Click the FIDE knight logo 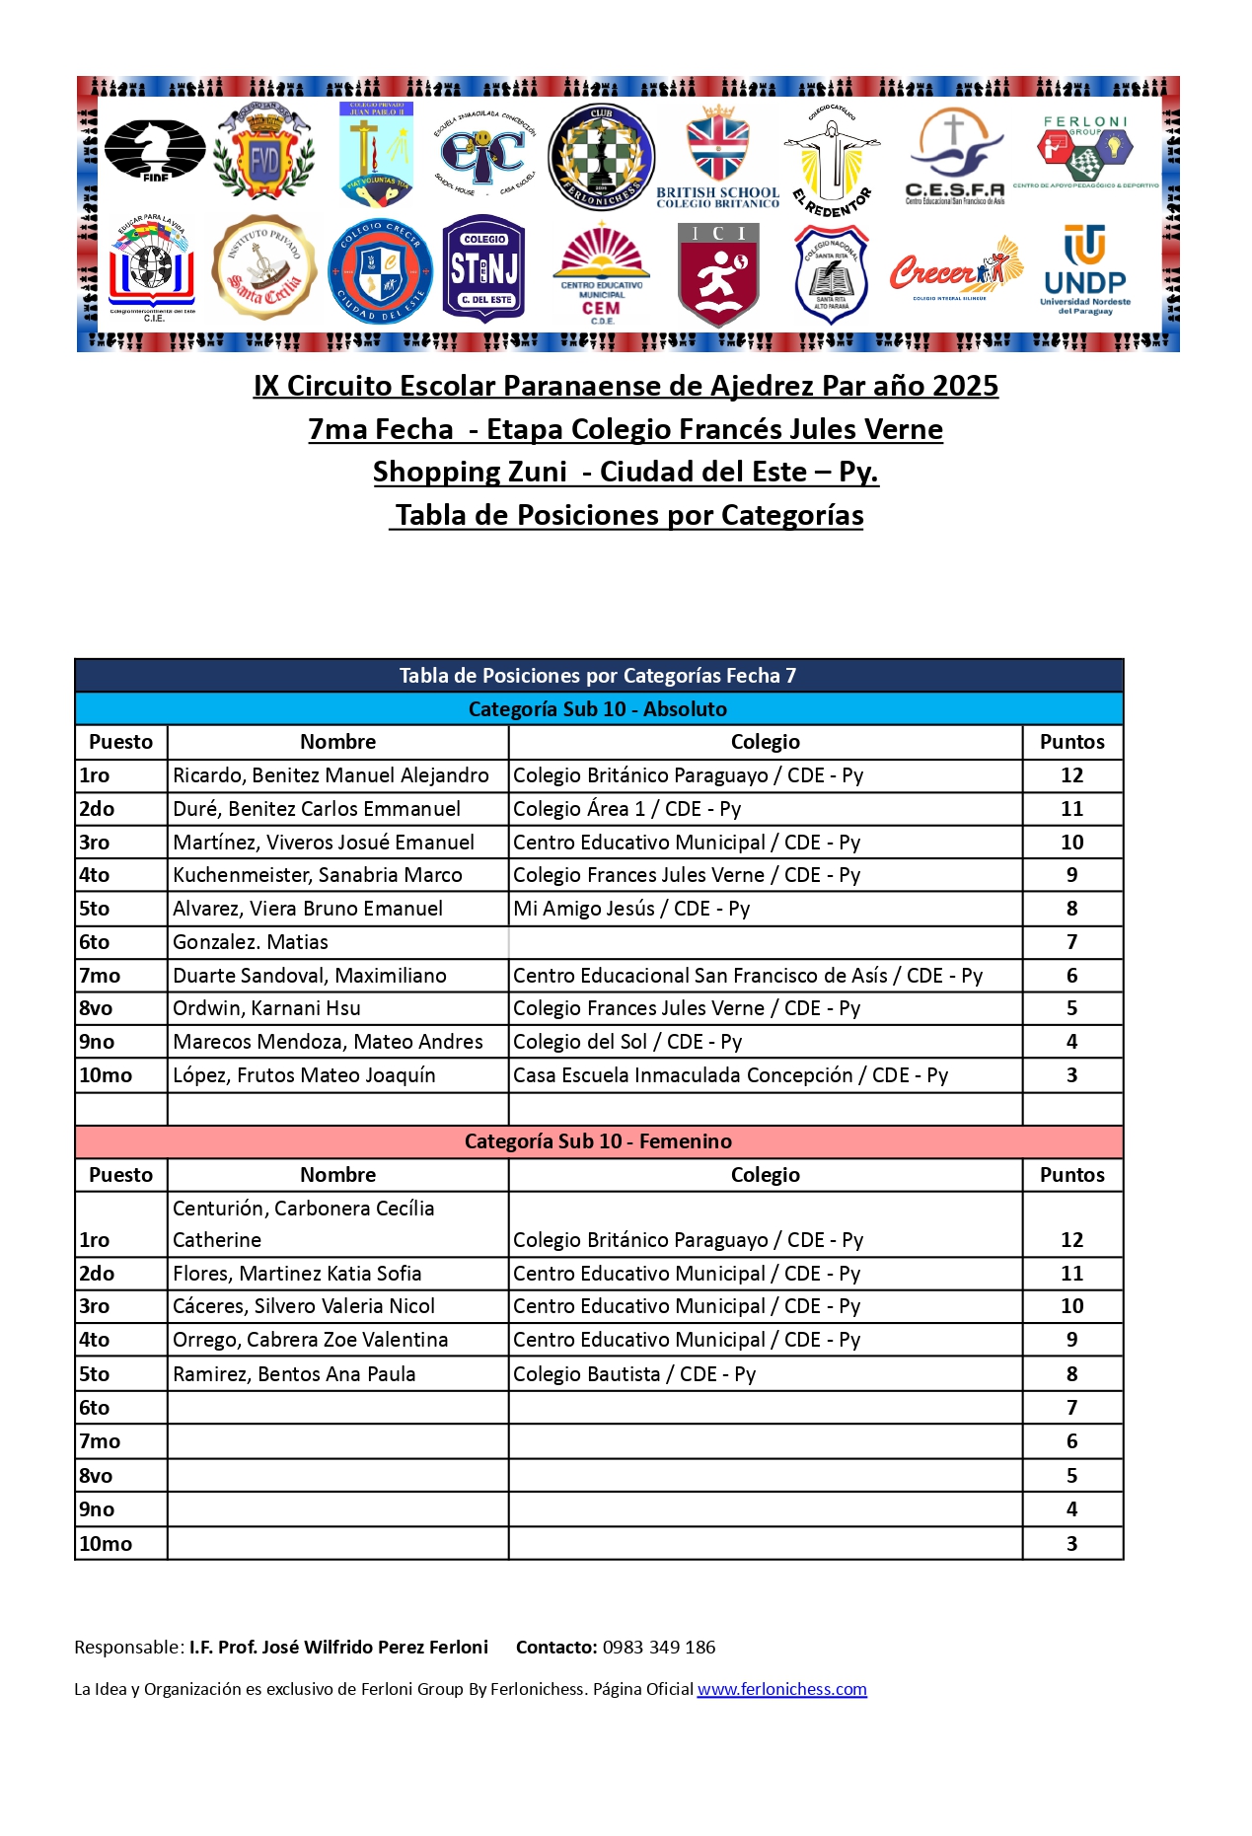[x=155, y=150]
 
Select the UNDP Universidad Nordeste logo [x=1085, y=270]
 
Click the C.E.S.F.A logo [x=954, y=157]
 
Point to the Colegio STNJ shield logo [x=483, y=269]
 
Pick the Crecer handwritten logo [x=954, y=269]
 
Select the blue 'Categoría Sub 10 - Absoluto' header [x=598, y=708]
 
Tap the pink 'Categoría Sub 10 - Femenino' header [x=598, y=1141]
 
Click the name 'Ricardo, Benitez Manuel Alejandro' [x=331, y=775]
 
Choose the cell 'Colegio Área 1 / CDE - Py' [x=626, y=809]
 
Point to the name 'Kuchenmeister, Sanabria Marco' [x=317, y=875]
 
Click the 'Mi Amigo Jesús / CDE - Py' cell [x=631, y=909]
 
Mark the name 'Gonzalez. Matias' [x=251, y=942]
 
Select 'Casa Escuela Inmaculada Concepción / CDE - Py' [x=730, y=1075]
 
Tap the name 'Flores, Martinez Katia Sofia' [x=297, y=1274]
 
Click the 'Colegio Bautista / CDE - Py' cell [x=634, y=1374]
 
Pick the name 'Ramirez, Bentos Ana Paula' [x=294, y=1374]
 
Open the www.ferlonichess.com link [x=781, y=1689]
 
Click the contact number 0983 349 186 [x=659, y=1647]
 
